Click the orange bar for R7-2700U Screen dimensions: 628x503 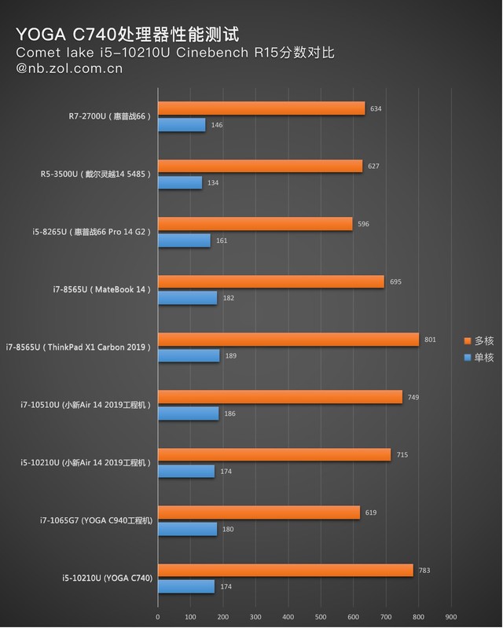pos(261,108)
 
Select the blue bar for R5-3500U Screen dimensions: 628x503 pos(180,182)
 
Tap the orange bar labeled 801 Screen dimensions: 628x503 pos(288,340)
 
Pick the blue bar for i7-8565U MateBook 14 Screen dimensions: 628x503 pos(187,298)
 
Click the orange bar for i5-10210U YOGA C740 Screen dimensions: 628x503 pos(285,571)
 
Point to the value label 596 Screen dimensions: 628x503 pos(363,224)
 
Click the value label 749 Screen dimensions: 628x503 pos(413,397)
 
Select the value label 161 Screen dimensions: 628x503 pos(221,240)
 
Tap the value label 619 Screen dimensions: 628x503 pos(371,512)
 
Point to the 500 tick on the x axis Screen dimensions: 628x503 pos(321,616)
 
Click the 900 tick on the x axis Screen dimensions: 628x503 pos(450,616)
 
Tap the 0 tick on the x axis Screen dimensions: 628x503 pos(158,616)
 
